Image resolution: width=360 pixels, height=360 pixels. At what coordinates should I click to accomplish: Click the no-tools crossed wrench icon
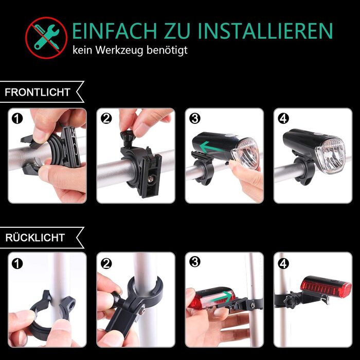(x=46, y=38)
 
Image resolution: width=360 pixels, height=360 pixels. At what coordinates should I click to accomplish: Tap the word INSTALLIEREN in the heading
(x=265, y=30)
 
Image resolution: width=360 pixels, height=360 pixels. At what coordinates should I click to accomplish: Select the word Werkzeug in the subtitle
(x=120, y=50)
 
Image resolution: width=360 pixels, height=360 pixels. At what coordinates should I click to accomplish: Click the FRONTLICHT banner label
(x=38, y=92)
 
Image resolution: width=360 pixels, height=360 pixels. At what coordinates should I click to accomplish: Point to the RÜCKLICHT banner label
(x=35, y=238)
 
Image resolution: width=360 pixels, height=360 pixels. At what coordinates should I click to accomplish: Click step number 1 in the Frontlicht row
(x=17, y=119)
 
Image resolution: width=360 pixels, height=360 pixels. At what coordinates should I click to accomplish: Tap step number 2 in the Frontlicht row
(x=106, y=119)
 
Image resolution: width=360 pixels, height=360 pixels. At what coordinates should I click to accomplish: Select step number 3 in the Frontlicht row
(x=195, y=119)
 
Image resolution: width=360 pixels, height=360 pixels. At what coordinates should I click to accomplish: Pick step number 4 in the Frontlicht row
(x=283, y=119)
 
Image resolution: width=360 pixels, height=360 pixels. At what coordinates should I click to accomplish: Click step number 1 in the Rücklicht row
(x=17, y=263)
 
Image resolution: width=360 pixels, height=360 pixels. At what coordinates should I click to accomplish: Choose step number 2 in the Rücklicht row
(x=106, y=263)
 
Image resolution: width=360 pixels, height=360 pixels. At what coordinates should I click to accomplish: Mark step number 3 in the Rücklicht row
(x=195, y=262)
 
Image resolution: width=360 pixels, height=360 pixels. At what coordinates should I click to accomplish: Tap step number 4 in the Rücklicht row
(x=283, y=263)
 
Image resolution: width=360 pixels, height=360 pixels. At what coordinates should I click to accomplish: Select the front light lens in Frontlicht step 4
(x=331, y=154)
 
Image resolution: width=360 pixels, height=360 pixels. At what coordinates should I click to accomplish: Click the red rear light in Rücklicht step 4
(x=326, y=287)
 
